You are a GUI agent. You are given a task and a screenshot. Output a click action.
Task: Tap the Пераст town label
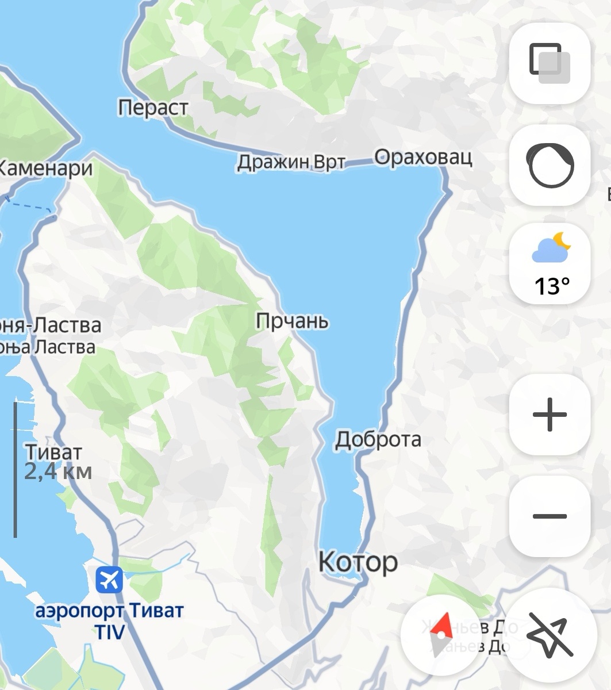click(x=153, y=108)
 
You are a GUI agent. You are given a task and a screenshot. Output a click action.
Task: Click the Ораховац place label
click(x=423, y=157)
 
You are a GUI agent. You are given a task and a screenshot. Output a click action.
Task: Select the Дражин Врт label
click(x=291, y=163)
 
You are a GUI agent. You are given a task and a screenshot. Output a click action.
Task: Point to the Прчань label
click(x=292, y=321)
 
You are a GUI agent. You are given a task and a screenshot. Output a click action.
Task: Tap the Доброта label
click(x=378, y=439)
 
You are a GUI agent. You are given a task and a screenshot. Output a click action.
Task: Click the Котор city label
click(x=358, y=561)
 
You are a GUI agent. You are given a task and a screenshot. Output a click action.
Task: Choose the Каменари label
click(x=46, y=168)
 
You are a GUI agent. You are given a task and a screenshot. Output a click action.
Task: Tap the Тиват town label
click(x=53, y=452)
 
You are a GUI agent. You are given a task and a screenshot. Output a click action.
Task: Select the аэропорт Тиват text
click(x=109, y=610)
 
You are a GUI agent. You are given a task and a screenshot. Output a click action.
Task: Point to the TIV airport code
click(x=109, y=632)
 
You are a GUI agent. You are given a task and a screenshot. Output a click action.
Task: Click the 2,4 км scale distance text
click(x=58, y=471)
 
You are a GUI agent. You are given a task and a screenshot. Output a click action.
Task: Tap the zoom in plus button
click(x=549, y=415)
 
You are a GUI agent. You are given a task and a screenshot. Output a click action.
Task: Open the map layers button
click(x=549, y=63)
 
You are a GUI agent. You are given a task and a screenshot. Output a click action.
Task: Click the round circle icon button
click(x=549, y=165)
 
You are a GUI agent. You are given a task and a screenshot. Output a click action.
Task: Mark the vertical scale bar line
click(x=15, y=469)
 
